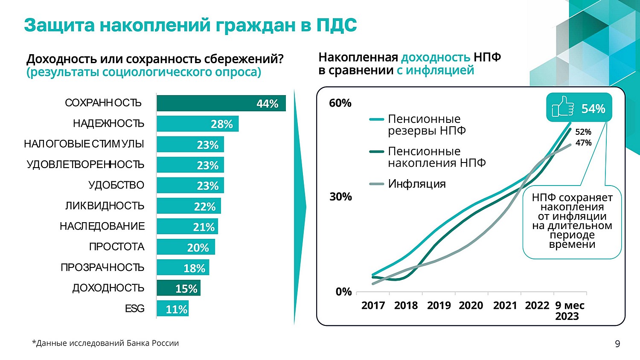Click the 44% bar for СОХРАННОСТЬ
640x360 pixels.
(221, 103)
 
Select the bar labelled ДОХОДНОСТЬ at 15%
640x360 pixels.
(178, 288)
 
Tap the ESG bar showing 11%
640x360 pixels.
(172, 308)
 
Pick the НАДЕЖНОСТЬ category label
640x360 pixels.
(108, 124)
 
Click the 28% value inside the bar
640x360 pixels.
(222, 124)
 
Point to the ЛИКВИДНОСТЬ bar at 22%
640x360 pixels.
(189, 206)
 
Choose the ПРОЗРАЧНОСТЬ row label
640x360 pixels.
(102, 267)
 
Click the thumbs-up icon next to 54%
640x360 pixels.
(563, 107)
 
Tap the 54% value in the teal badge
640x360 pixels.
(593, 109)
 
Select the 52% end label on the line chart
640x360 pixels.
(583, 132)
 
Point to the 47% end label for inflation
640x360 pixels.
(583, 143)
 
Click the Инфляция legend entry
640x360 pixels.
(416, 184)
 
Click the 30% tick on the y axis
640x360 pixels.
(340, 197)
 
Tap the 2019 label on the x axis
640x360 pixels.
(439, 305)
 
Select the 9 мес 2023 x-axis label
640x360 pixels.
(569, 311)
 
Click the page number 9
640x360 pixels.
(617, 344)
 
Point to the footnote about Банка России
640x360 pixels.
(105, 343)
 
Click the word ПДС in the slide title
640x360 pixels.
(337, 26)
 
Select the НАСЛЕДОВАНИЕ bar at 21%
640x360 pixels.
(187, 226)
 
